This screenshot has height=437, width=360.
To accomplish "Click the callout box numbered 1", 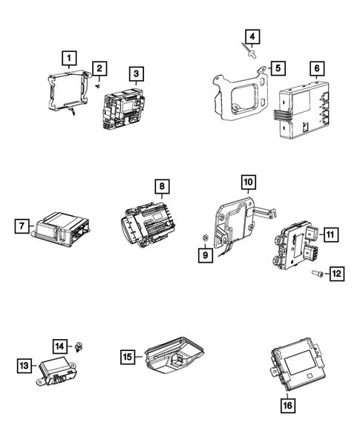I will point(68,56).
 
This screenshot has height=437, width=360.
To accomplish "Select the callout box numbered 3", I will point(137,73).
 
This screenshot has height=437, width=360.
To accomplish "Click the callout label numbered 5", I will point(277,68).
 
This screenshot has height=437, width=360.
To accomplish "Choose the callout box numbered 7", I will point(23,225).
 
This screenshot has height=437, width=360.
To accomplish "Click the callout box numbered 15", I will point(128,357).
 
